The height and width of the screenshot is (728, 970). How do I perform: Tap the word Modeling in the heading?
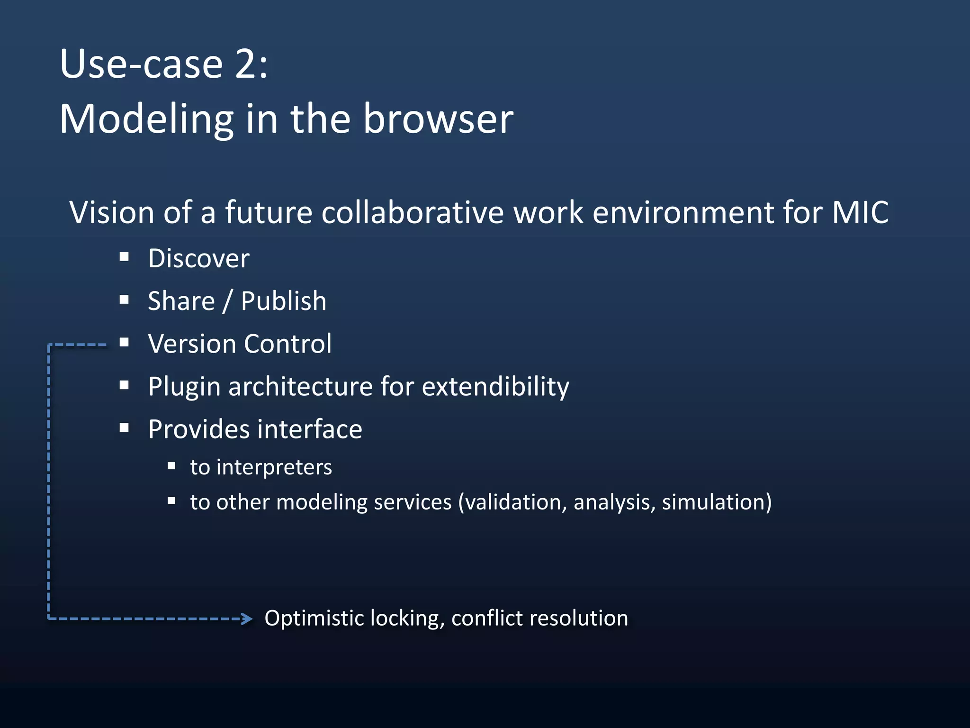click(x=146, y=119)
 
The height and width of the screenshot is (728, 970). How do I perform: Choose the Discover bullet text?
click(x=198, y=259)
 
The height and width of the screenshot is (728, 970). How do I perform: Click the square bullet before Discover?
click(x=124, y=257)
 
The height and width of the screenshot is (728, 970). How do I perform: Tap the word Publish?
click(x=283, y=301)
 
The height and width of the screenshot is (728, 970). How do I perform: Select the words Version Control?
click(x=240, y=344)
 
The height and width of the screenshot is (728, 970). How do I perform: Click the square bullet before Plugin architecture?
click(x=124, y=385)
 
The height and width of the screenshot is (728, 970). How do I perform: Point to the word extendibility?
click(x=495, y=386)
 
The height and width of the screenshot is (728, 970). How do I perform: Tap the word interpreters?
click(x=274, y=467)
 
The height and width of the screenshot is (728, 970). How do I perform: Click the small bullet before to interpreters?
click(x=171, y=466)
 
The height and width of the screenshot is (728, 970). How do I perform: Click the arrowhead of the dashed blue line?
click(x=247, y=619)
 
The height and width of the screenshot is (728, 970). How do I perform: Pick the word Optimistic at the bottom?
click(x=314, y=619)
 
